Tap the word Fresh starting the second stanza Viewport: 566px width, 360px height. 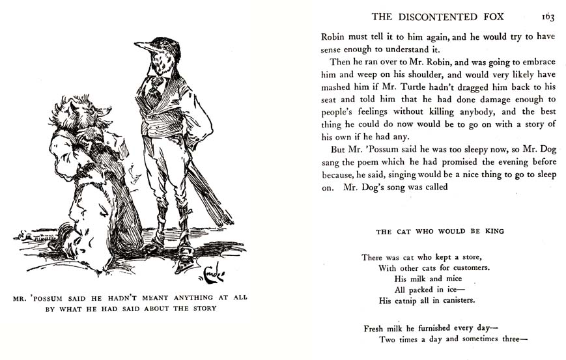[x=375, y=328]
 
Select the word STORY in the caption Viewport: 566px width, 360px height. [x=199, y=309]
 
